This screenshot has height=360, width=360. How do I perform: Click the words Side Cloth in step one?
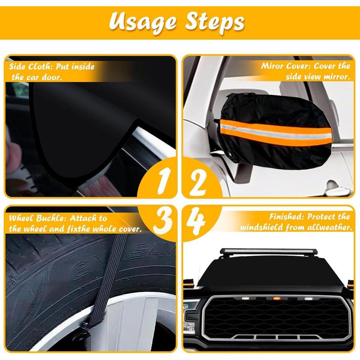27,67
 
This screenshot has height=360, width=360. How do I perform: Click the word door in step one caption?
52,77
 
